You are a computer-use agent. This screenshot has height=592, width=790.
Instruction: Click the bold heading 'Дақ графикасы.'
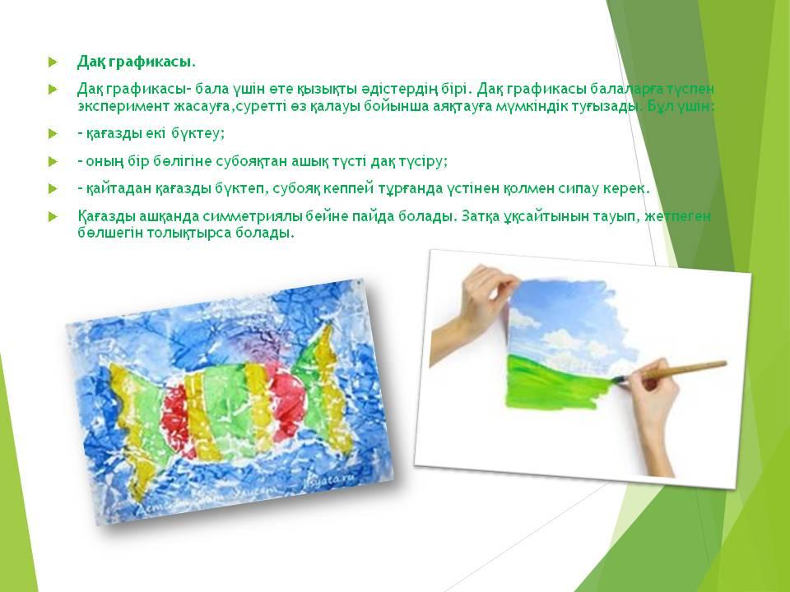136,62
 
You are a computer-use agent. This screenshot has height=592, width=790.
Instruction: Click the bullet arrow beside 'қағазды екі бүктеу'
53,134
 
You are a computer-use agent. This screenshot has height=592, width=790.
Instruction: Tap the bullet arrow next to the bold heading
53,62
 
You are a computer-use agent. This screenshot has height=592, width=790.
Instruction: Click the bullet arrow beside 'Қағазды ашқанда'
53,216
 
